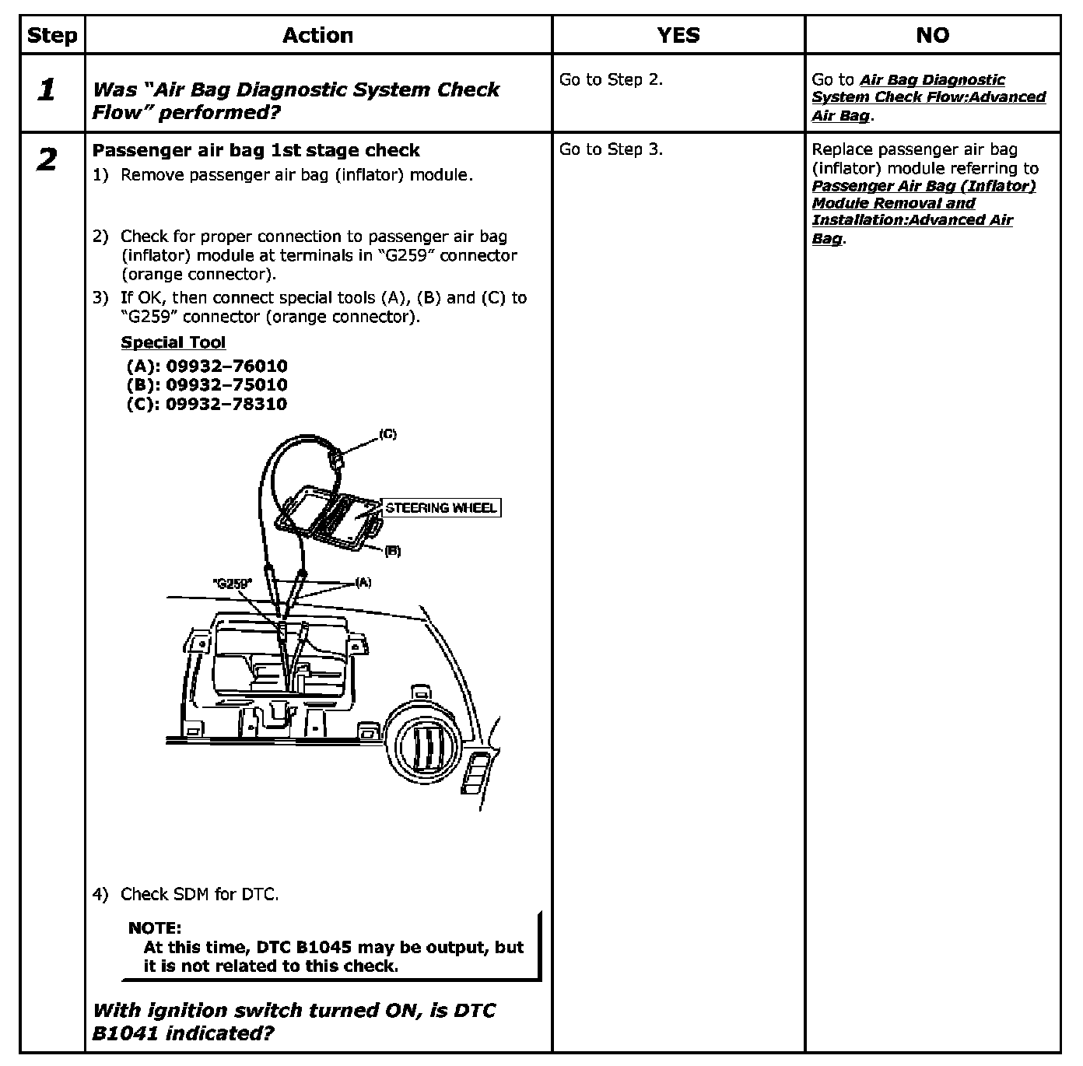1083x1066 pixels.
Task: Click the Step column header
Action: point(52,36)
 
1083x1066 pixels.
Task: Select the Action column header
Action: point(317,36)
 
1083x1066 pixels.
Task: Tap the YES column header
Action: point(678,36)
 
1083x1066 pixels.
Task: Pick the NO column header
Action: point(932,36)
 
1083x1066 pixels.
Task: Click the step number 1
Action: point(47,90)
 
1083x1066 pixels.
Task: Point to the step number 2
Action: point(47,160)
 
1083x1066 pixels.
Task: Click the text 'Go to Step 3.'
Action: point(611,149)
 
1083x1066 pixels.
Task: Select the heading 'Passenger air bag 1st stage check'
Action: point(256,150)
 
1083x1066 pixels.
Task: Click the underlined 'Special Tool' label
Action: point(173,342)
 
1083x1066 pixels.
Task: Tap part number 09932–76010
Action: point(226,366)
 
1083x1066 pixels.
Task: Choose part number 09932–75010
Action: point(226,384)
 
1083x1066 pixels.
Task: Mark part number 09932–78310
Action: point(226,404)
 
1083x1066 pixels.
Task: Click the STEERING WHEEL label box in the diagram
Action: point(440,508)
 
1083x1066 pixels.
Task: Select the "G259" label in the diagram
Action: point(232,583)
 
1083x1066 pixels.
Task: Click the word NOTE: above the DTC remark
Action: point(154,927)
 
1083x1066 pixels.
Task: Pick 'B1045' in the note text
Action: point(324,947)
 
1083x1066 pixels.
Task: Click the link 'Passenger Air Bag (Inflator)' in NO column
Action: point(924,186)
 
